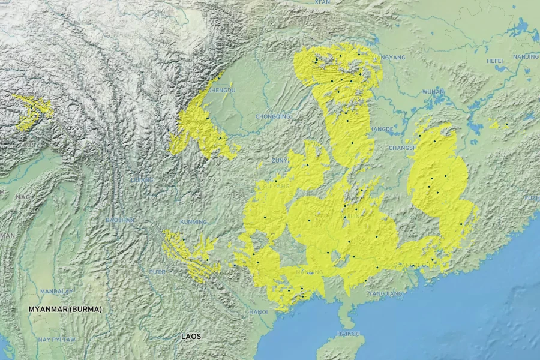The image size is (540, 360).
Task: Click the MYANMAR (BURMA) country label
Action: [x=65, y=309]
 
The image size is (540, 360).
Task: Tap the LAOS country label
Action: [x=191, y=337]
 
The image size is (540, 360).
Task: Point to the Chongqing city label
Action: [x=272, y=116]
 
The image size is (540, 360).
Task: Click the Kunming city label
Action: [x=193, y=221]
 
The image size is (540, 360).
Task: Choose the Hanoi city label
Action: [x=258, y=312]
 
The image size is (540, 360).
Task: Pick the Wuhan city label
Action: [x=433, y=92]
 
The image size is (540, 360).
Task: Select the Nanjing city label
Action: [x=526, y=56]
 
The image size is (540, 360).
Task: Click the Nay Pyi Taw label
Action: [x=57, y=340]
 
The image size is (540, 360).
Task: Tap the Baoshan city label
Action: [x=120, y=220]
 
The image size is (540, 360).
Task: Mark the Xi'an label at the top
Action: [x=322, y=3]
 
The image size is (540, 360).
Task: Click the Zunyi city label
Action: [x=280, y=161]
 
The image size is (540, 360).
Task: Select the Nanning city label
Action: [x=310, y=272]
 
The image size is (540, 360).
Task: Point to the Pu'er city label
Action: [x=157, y=272]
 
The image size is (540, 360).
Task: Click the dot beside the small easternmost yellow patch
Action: [x=506, y=124]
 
